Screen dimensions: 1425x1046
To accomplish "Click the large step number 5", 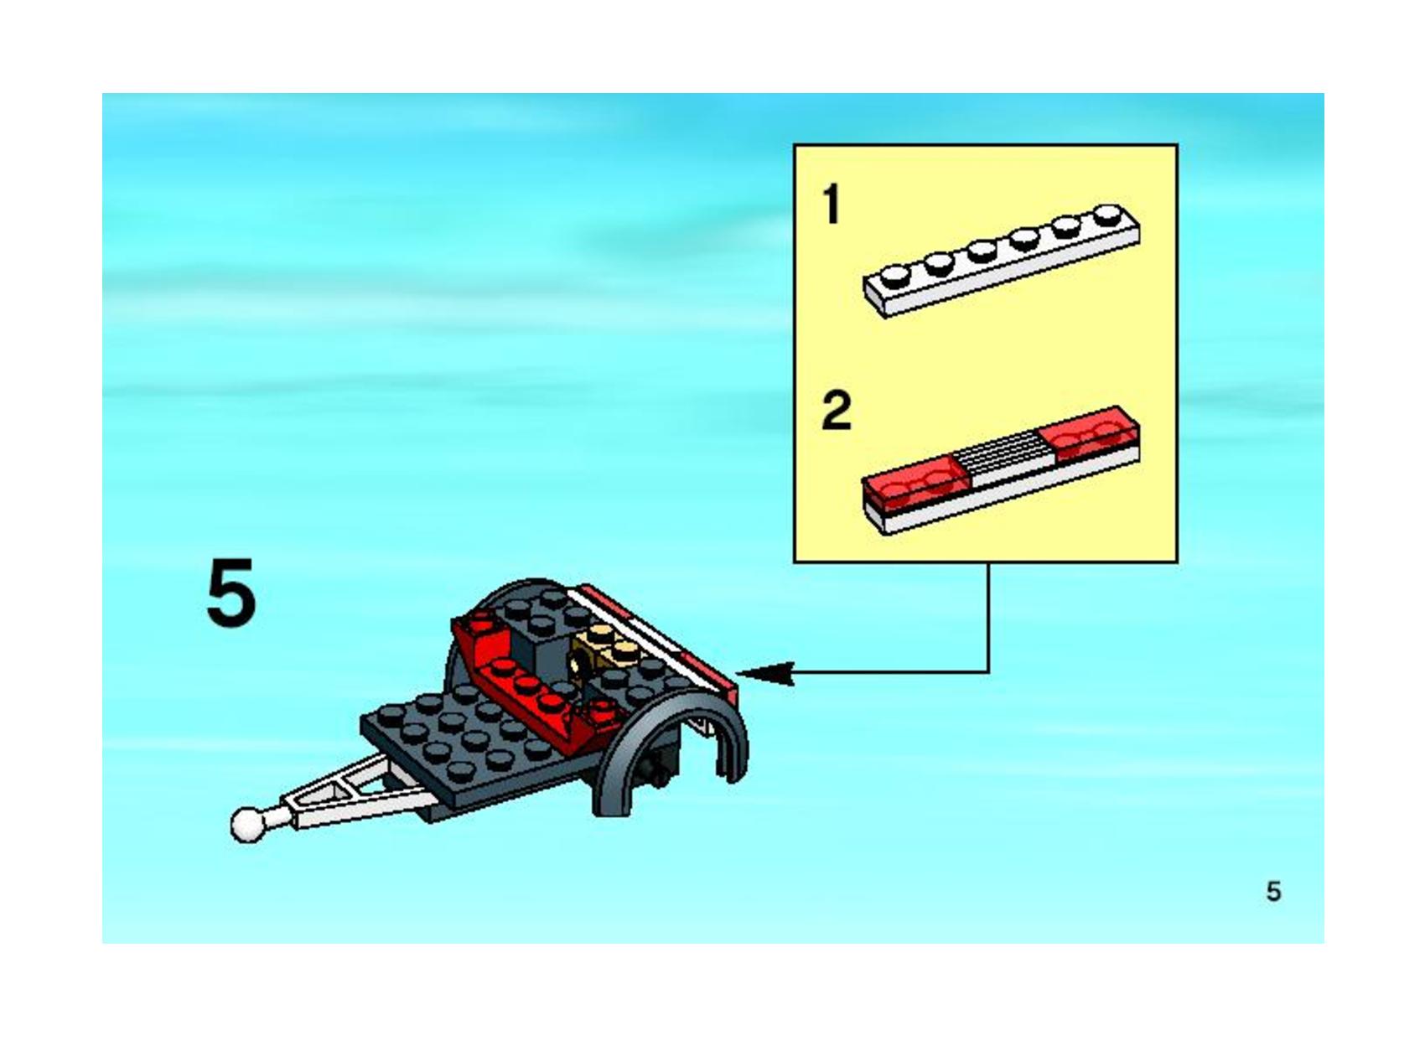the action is tap(231, 593).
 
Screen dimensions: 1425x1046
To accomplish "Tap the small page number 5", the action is tap(1273, 892).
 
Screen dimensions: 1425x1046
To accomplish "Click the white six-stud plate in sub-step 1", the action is tap(1002, 261).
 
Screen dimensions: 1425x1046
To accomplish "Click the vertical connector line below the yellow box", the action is tap(988, 618).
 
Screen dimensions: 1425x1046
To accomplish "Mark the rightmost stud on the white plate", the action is tap(1108, 215).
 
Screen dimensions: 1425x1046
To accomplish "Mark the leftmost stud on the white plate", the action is tap(896, 276).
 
